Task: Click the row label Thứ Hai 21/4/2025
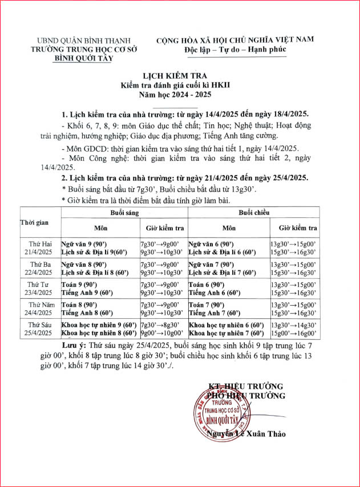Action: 39,247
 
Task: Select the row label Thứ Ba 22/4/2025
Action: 39,268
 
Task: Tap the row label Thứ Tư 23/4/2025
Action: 39,289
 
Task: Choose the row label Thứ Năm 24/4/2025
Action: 39,309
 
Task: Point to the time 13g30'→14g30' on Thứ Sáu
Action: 294,324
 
